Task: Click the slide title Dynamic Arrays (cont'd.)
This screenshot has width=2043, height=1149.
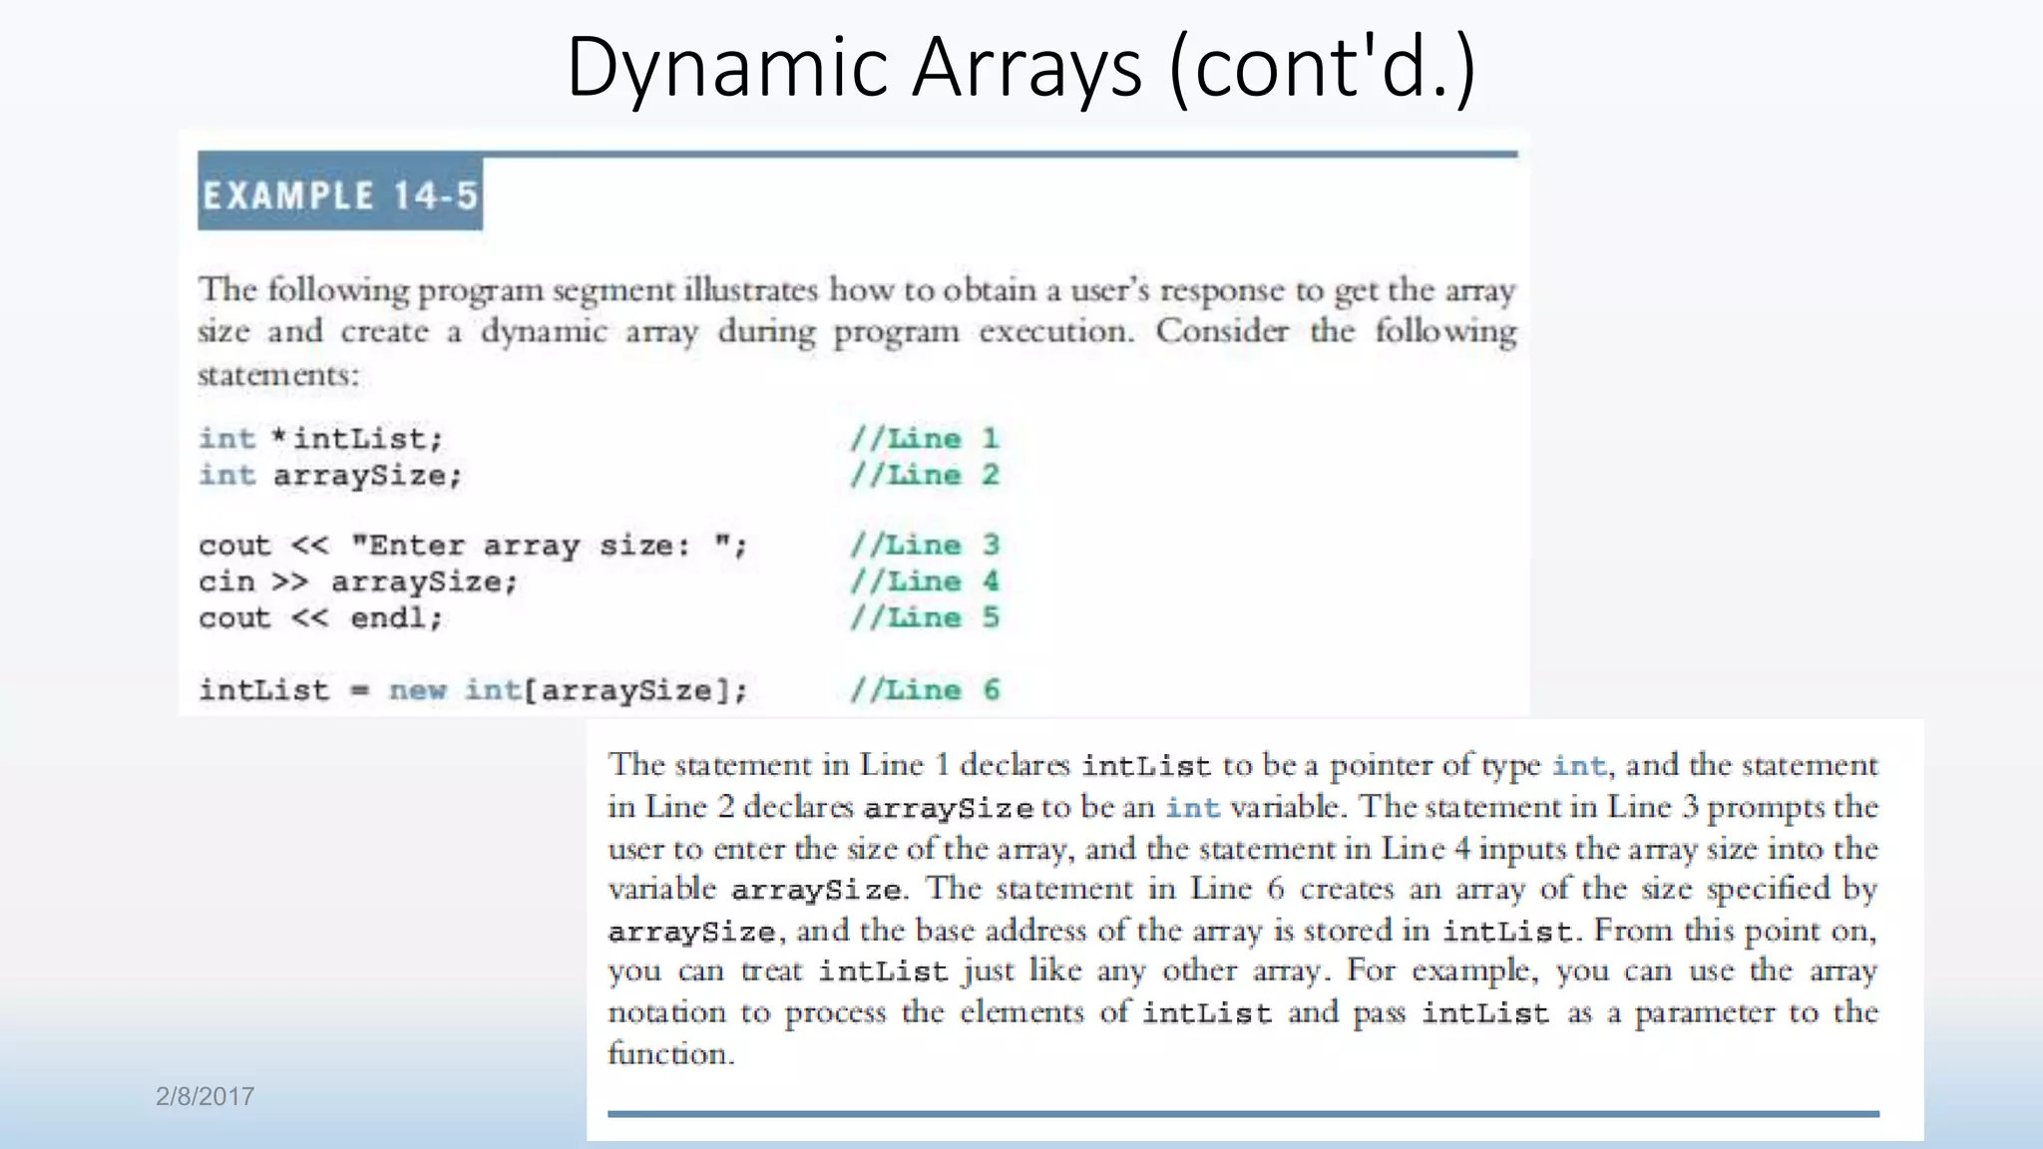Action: point(1020,68)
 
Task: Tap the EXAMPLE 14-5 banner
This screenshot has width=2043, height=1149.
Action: point(340,194)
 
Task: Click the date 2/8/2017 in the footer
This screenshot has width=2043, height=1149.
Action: point(204,1096)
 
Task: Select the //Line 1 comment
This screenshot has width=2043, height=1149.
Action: point(924,439)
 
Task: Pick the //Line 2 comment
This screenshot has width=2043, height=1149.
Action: point(924,475)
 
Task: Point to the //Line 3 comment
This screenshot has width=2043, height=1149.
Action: point(924,545)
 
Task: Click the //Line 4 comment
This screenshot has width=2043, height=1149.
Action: point(924,581)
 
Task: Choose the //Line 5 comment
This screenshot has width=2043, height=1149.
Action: point(924,617)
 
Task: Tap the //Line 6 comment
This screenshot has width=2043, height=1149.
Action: point(924,690)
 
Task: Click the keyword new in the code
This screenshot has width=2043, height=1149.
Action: point(417,690)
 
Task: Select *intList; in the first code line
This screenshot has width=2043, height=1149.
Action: point(357,439)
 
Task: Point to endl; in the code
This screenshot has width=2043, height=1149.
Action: point(396,618)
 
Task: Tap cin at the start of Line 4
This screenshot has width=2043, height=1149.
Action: point(226,581)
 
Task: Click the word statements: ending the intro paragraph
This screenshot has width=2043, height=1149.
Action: point(277,375)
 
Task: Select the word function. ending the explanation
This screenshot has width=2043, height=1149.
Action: point(670,1053)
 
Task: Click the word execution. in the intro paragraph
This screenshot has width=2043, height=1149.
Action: point(1055,331)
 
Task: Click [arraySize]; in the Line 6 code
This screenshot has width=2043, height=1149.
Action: point(634,690)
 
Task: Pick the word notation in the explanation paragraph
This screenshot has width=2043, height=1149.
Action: point(666,1012)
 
